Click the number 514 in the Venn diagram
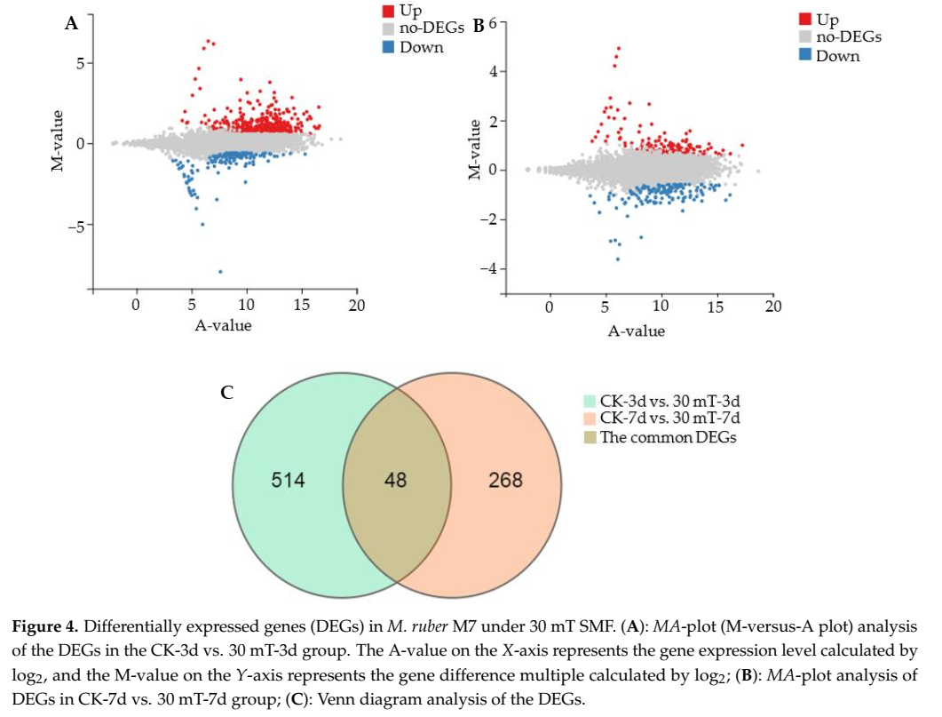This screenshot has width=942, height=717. [288, 481]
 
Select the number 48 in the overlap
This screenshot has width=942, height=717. [396, 481]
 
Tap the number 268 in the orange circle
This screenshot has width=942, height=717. [504, 481]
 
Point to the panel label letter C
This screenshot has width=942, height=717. [226, 391]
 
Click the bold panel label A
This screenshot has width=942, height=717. [72, 24]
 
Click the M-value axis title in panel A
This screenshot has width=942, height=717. [58, 140]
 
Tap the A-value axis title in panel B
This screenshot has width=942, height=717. [636, 331]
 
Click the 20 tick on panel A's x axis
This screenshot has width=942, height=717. [355, 305]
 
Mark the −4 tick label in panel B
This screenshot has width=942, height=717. [489, 269]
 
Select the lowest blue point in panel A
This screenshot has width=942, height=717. [220, 271]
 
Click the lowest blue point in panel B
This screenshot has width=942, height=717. [618, 259]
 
